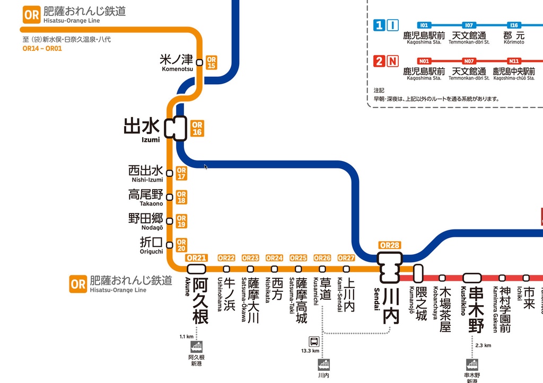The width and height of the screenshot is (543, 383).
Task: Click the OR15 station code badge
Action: pyautogui.click(x=211, y=63)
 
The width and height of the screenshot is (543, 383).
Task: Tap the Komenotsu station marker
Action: pyautogui.click(x=199, y=63)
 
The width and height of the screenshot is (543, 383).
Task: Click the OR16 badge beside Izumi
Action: pyautogui.click(x=197, y=129)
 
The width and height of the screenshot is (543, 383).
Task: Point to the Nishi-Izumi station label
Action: pyautogui.click(x=146, y=173)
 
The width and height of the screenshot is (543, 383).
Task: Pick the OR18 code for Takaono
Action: pyautogui.click(x=181, y=198)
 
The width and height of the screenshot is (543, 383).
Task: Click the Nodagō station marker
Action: pyautogui.click(x=170, y=221)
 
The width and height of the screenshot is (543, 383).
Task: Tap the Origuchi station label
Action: pyautogui.click(x=152, y=245)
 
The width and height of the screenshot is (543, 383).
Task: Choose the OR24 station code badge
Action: pyautogui.click(x=274, y=258)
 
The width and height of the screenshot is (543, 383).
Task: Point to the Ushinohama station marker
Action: pyautogui.click(x=226, y=269)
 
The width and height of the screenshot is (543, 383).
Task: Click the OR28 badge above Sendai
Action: pyautogui.click(x=390, y=245)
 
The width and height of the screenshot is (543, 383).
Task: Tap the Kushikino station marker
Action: pyautogui.click(x=472, y=278)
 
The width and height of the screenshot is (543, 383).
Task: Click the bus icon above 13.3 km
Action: pyautogui.click(x=314, y=341)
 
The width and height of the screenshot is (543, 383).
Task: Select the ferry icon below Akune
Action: pyautogui.click(x=197, y=348)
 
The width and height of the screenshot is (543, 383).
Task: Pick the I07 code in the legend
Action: pyautogui.click(x=468, y=25)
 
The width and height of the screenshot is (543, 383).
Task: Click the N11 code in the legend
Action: pyautogui.click(x=513, y=61)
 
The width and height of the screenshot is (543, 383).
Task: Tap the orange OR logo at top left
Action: pyautogui.click(x=32, y=15)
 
